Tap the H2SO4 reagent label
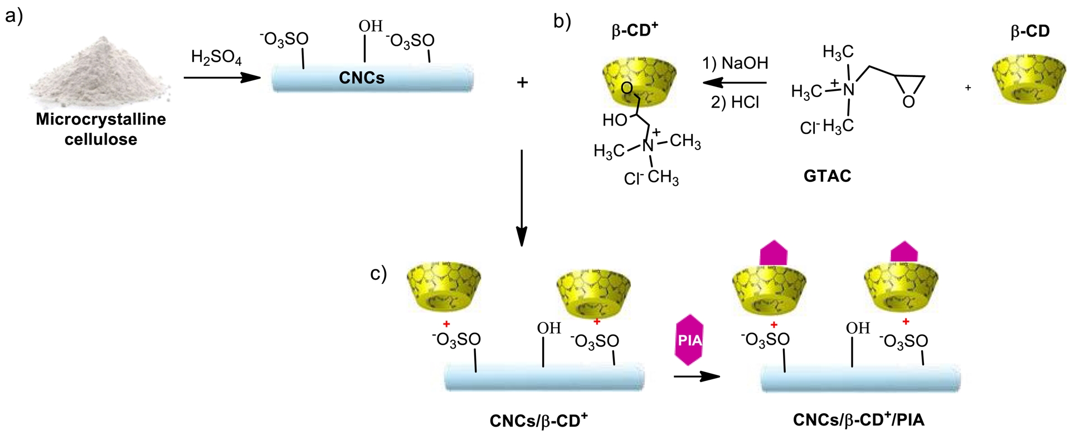pyautogui.click(x=216, y=57)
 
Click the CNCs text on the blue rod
pyautogui.click(x=362, y=78)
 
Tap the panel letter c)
pyautogui.click(x=378, y=274)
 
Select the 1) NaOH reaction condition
pyautogui.click(x=735, y=63)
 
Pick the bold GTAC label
pyautogui.click(x=827, y=176)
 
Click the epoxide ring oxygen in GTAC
pyautogui.click(x=908, y=102)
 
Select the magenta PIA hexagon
pyautogui.click(x=689, y=340)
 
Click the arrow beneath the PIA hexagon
pyautogui.click(x=696, y=376)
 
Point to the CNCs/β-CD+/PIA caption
pyautogui.click(x=858, y=419)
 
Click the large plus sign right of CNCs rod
pyautogui.click(x=522, y=83)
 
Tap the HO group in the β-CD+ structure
pyautogui.click(x=615, y=120)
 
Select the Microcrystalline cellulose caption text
pyautogui.click(x=101, y=129)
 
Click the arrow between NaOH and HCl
pyautogui.click(x=734, y=83)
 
